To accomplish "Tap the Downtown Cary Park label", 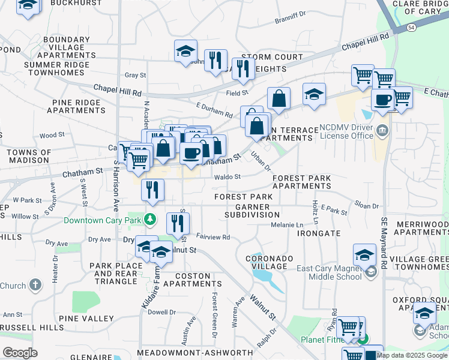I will coord(105,220).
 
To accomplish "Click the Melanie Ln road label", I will coord(287,224).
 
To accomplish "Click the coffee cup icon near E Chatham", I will coord(382,100).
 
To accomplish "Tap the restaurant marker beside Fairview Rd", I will coord(178,223).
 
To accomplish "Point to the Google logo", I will coord(20,352).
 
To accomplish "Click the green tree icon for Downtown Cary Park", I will coord(152,220).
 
